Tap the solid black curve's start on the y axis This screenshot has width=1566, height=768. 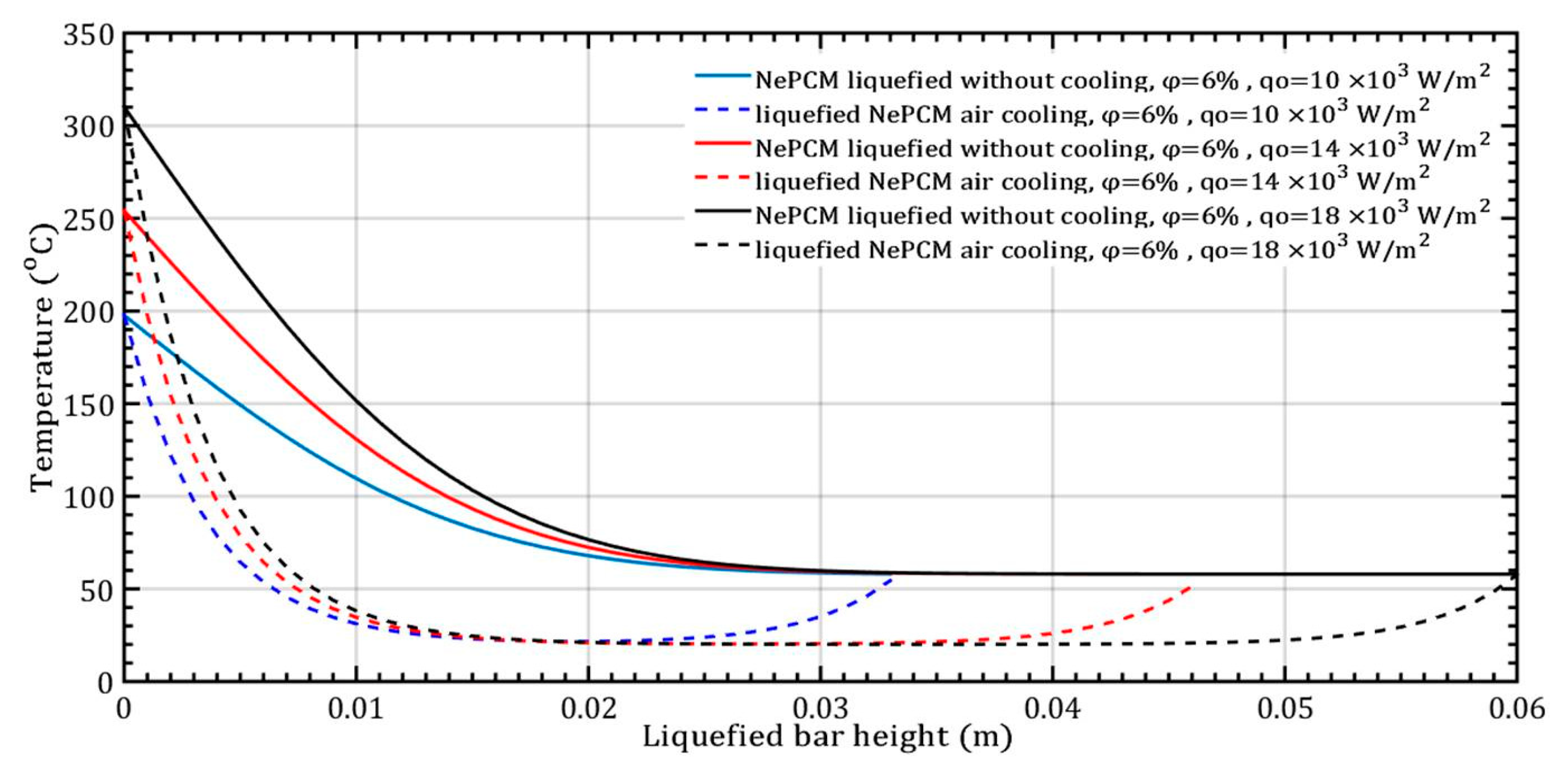point(125,107)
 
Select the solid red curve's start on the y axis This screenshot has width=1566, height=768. point(125,210)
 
